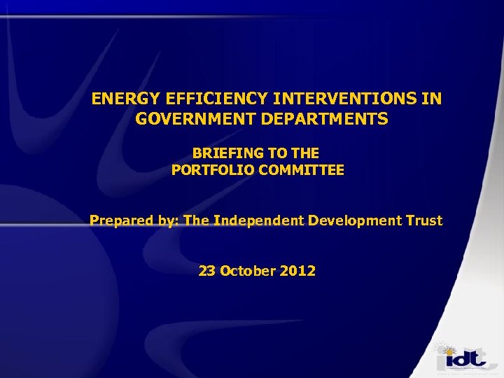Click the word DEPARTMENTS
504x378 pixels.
[x=326, y=119]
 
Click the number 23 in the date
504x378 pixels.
[x=207, y=270]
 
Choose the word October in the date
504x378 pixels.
[x=248, y=270]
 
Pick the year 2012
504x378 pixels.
[x=298, y=270]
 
